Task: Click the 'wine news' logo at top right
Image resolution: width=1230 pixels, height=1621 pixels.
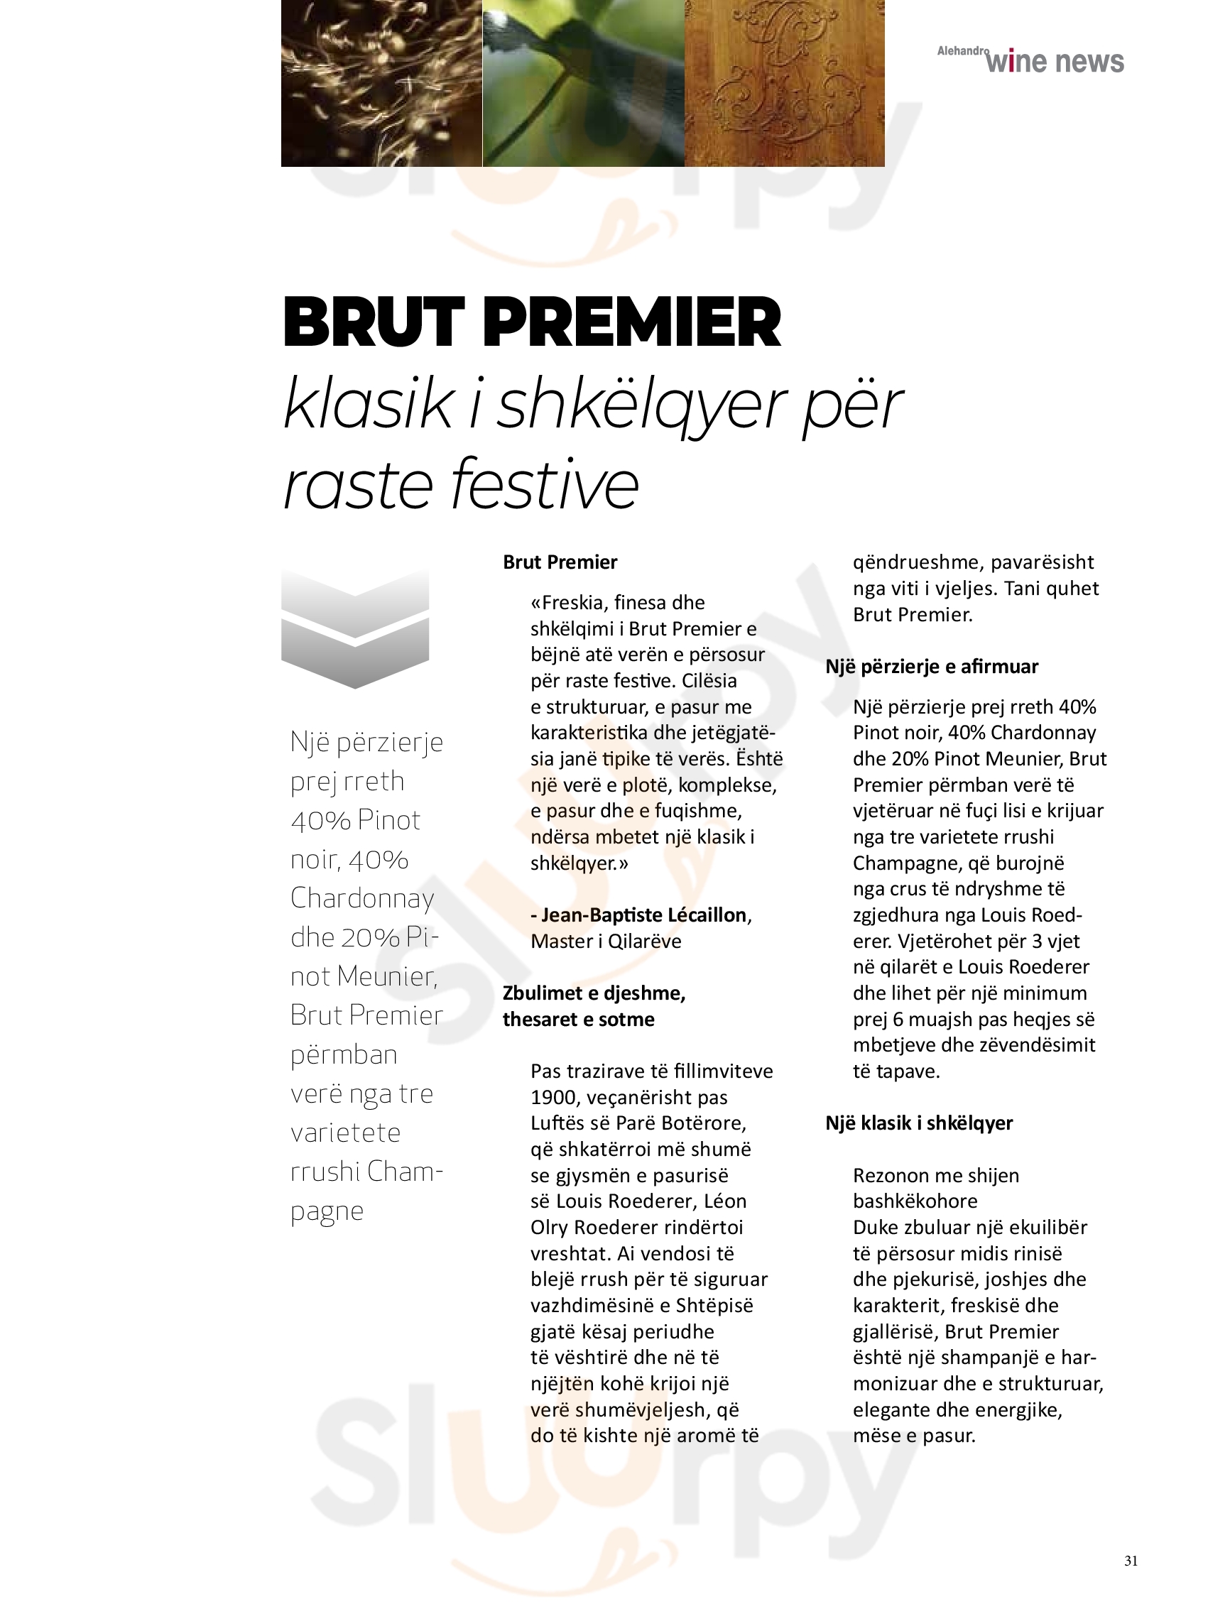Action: point(1054,62)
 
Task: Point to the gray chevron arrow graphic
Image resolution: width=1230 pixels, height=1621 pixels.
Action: point(355,628)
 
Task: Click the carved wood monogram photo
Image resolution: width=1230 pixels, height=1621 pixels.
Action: point(784,83)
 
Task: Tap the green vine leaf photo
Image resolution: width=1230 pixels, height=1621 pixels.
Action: point(584,83)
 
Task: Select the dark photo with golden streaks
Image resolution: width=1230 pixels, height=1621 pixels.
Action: point(381,83)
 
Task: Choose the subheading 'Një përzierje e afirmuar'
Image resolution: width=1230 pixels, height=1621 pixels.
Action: point(932,667)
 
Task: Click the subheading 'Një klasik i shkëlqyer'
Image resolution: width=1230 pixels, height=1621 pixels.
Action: point(919,1123)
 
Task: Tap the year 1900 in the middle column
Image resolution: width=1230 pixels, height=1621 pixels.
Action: point(551,1098)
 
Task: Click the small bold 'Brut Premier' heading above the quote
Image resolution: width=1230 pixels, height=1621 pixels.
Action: point(560,563)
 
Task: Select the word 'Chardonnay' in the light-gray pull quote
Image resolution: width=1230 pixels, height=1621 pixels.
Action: point(362,898)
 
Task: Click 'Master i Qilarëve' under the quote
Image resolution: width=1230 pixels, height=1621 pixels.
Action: point(606,942)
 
